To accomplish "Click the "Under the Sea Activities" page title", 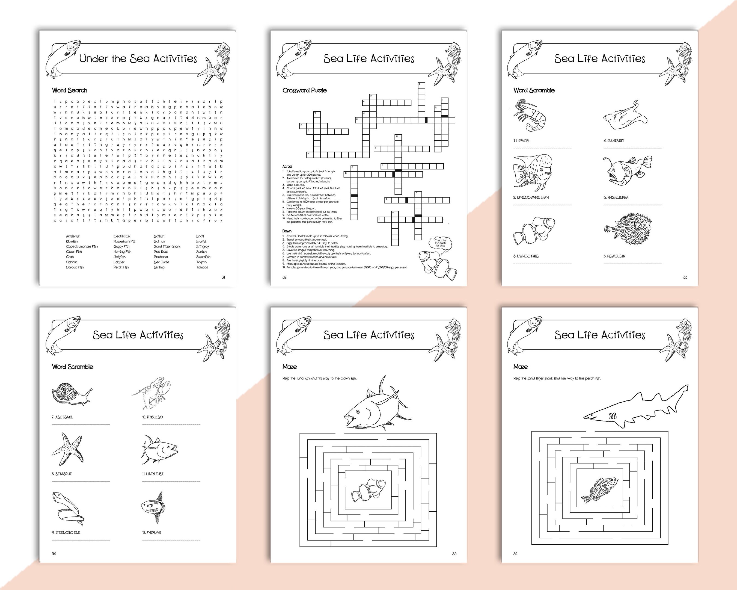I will (x=138, y=58).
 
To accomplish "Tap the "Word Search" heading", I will (x=69, y=90).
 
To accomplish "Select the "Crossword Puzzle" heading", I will (x=304, y=90).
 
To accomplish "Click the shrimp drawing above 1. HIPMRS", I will (x=529, y=115).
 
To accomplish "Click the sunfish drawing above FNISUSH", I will (x=153, y=506).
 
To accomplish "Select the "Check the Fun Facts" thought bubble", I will (x=440, y=243).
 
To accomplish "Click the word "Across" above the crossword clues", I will (x=287, y=166).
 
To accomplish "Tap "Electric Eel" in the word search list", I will (x=122, y=236).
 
